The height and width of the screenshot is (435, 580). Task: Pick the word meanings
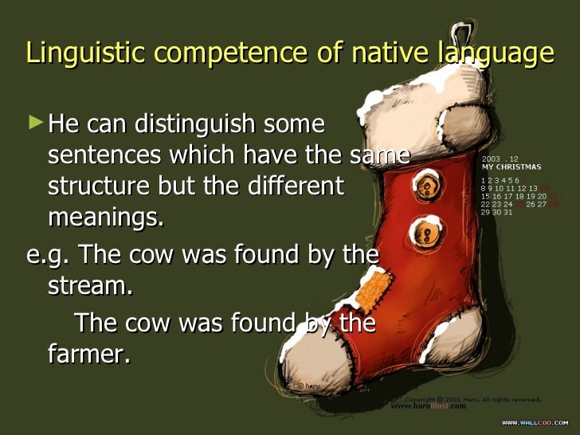point(105,217)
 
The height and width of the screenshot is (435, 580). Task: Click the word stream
point(90,285)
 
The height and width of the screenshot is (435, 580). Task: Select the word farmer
point(88,354)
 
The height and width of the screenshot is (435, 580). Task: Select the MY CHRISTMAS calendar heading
point(511,167)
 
